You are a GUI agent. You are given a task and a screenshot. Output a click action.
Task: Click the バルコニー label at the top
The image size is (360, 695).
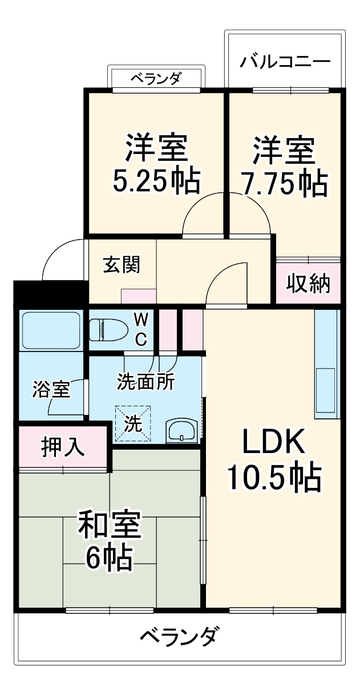[285, 61]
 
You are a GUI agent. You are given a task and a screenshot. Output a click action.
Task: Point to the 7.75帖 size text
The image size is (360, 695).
[284, 182]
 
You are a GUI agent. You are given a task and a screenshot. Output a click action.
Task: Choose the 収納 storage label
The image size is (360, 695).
[308, 283]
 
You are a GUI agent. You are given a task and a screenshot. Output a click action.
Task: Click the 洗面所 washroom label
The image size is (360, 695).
[145, 381]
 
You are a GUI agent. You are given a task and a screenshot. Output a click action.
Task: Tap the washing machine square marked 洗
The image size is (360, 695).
[134, 423]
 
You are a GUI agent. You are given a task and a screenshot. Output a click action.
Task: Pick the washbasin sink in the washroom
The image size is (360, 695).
[182, 430]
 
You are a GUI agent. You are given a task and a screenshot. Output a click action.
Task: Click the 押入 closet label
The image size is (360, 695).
[63, 447]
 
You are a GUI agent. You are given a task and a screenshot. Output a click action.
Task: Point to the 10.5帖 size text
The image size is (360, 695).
[274, 478]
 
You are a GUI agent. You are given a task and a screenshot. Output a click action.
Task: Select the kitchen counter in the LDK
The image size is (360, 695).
[327, 365]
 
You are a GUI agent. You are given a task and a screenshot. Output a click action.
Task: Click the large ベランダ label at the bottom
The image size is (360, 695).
[178, 635]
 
